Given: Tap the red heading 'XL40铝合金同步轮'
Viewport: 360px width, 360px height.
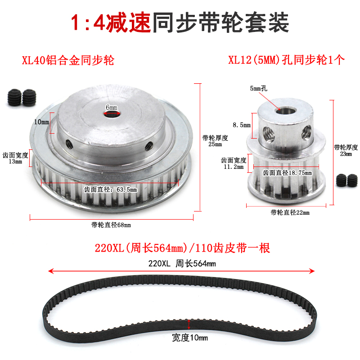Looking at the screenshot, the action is (68, 60).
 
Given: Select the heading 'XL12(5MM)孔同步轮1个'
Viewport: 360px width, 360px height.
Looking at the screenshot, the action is (286, 60).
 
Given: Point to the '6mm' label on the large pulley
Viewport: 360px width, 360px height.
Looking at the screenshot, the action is (112, 107).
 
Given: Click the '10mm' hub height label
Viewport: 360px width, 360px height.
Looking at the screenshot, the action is (41, 122).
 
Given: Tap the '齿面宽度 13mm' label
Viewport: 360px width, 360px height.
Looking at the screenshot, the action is (15, 158).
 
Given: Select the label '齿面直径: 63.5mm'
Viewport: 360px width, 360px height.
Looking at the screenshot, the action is (110, 189).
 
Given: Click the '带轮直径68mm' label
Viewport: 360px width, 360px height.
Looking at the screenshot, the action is (111, 225).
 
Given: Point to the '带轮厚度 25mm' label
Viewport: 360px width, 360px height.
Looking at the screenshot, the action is (215, 141).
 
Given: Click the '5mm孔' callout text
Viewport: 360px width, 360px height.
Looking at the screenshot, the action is (258, 88).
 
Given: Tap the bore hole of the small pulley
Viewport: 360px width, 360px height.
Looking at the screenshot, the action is (285, 110).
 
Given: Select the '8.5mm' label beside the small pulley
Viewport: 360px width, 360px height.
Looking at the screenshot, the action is (242, 125).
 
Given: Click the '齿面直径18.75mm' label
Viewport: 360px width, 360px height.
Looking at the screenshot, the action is (287, 173).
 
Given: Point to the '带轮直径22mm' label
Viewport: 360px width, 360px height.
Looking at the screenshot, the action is (290, 212).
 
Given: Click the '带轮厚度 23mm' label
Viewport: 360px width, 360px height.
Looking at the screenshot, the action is (346, 150).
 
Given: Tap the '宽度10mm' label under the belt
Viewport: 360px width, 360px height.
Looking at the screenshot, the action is (190, 338).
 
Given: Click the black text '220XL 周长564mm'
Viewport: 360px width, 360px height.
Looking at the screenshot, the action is (182, 263).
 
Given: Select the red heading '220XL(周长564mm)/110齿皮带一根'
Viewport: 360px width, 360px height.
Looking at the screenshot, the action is (182, 248).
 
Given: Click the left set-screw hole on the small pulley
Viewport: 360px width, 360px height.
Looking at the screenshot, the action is (269, 133).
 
